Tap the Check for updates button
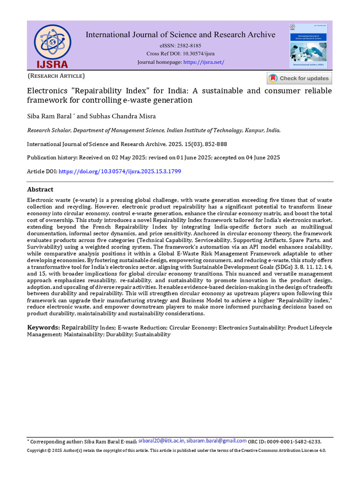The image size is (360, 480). click(x=300, y=78)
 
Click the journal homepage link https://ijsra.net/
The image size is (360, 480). click(x=204, y=62)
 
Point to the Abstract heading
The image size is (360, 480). click(x=40, y=189)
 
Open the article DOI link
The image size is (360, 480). click(x=120, y=172)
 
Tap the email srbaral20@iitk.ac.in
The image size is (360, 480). click(x=162, y=441)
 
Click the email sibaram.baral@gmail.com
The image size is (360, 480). click(x=217, y=441)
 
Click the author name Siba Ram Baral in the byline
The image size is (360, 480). click(x=46, y=116)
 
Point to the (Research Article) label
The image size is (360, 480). click(x=56, y=75)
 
